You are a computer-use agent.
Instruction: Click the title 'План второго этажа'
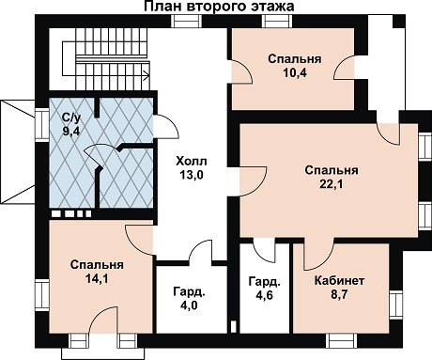pos(219,7)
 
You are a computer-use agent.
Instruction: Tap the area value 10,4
pos(295,73)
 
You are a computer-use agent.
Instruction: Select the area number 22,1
pos(332,184)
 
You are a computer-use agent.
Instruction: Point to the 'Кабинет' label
pos(339,280)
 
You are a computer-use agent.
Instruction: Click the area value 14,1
pos(97,278)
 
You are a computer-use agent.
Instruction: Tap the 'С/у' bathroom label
pos(71,117)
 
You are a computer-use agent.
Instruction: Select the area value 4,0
pos(189,305)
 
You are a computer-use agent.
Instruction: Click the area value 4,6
pos(265,295)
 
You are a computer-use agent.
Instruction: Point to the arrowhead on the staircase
pos(147,75)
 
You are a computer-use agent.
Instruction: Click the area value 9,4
pos(71,132)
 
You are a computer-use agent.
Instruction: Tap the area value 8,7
pos(339,294)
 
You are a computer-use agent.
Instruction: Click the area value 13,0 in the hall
pos(192,175)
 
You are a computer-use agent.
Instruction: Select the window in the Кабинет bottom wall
pos(342,340)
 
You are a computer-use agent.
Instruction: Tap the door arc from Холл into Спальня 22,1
pos(253,181)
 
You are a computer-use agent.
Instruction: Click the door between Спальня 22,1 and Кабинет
pos(319,254)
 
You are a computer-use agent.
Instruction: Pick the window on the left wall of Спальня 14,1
pos(41,295)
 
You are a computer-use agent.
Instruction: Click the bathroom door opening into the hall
pos(166,126)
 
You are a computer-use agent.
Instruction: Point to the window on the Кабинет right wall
pos(395,305)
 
